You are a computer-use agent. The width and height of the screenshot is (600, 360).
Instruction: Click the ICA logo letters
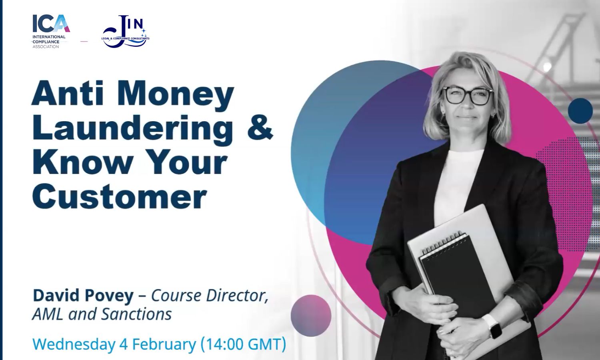51,23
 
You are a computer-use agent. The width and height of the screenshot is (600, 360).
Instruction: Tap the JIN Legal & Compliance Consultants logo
126,32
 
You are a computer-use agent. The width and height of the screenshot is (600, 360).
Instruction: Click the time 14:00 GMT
243,344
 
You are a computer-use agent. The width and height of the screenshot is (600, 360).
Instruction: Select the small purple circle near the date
311,316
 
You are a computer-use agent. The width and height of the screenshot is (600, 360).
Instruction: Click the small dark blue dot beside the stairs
580,111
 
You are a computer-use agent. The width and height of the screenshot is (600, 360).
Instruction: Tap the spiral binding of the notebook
442,243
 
